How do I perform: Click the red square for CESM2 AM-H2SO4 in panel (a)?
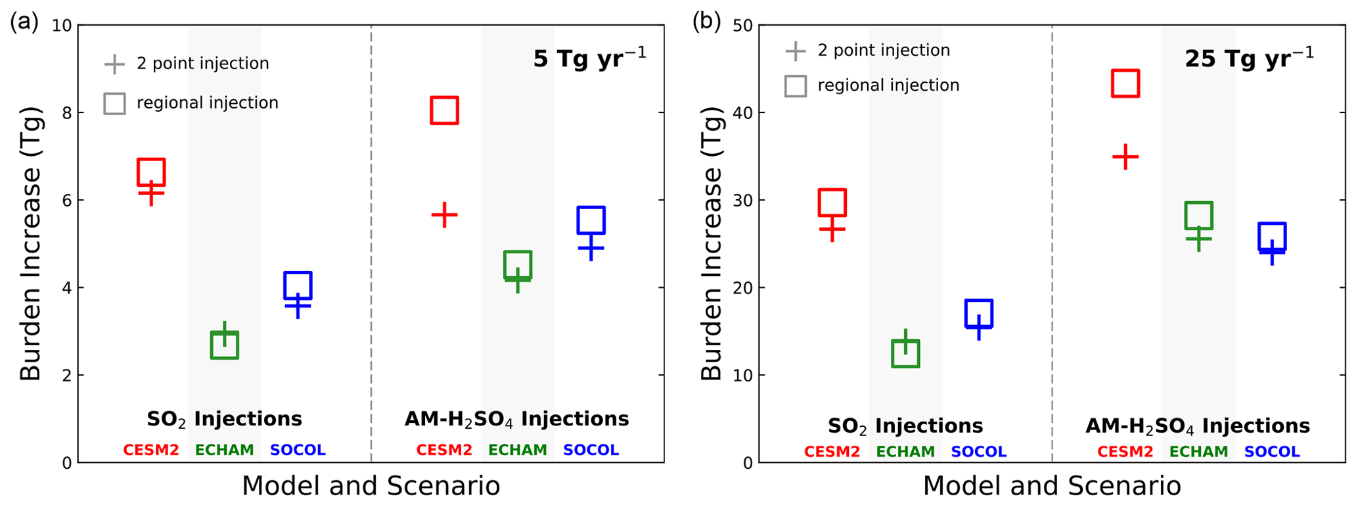[x=444, y=110]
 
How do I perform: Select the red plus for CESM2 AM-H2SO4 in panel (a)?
[x=444, y=214]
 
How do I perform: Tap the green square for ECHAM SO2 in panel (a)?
[x=225, y=345]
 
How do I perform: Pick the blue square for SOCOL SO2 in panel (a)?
[x=298, y=285]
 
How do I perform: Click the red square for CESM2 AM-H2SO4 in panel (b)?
[x=1125, y=84]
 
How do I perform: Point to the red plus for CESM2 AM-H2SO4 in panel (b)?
[x=1125, y=157]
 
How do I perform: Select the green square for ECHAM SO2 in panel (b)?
[x=905, y=353]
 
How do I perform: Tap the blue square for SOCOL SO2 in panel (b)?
[x=978, y=314]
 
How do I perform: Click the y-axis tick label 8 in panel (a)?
[x=66, y=113]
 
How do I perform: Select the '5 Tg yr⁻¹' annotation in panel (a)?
[x=589, y=59]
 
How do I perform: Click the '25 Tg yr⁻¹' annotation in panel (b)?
[x=1249, y=59]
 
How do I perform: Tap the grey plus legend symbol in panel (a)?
[x=114, y=64]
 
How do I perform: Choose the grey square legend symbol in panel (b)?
[x=795, y=85]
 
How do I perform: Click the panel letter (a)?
[x=24, y=22]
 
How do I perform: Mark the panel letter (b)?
[x=706, y=22]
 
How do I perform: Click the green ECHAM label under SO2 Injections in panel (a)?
[x=225, y=450]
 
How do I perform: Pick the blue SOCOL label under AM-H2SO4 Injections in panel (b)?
[x=1271, y=452]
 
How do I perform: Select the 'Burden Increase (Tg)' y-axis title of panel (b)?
[x=712, y=243]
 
